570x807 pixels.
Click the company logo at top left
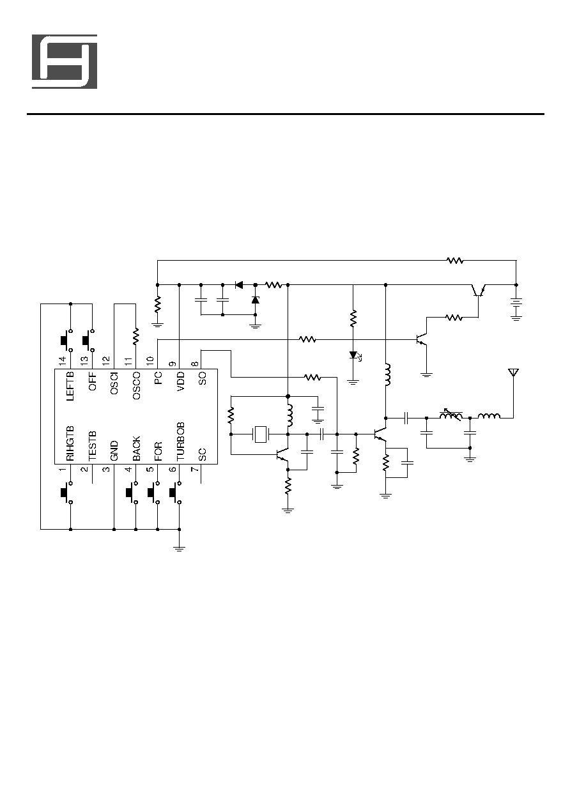65,61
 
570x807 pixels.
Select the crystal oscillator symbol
260,434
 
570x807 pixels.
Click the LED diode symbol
355,356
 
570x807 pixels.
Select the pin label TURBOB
181,442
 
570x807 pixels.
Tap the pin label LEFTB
71,386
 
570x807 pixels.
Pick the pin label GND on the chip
114,450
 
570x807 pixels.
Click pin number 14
63,360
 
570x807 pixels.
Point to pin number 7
194,469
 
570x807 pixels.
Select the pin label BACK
137,449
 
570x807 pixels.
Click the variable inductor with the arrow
451,416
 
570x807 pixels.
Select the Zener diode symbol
256,300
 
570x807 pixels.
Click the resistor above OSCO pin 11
136,335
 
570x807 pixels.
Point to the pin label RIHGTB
71,444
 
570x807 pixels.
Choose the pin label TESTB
93,446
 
